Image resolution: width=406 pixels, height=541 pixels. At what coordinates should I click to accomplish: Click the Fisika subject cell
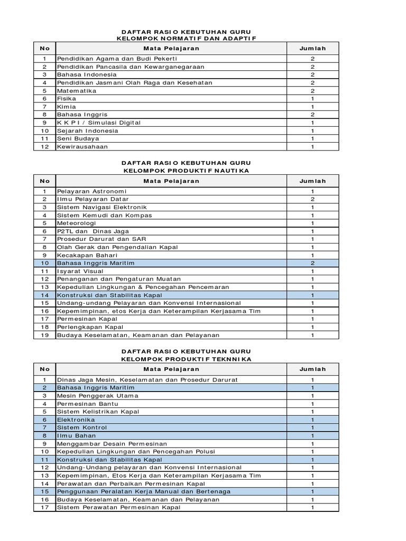(67, 99)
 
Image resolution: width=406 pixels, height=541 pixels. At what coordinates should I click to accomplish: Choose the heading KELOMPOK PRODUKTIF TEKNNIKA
(186, 359)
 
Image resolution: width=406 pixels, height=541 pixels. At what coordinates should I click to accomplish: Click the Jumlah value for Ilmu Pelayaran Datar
(312, 199)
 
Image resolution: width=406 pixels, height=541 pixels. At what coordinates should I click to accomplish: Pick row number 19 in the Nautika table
(45, 335)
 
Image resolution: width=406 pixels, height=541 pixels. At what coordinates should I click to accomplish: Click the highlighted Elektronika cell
(76, 419)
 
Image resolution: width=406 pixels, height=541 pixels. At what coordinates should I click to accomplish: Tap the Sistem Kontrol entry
(82, 427)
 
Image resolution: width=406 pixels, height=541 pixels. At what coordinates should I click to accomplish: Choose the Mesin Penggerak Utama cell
(98, 396)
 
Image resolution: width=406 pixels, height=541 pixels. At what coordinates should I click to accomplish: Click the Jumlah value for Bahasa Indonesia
(312, 75)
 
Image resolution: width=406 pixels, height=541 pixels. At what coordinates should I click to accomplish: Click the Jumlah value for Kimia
(312, 107)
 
